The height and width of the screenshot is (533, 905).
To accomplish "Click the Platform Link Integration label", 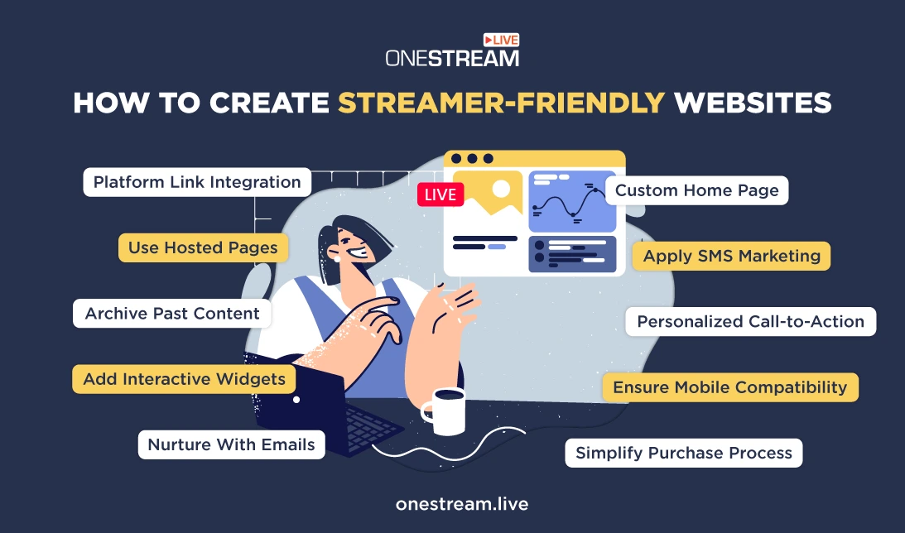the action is coord(197,182).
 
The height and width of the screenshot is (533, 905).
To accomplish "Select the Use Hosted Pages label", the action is coord(203,248).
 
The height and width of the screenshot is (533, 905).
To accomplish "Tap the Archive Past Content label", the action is coord(172,313).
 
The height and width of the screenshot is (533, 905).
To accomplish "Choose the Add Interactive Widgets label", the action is coord(184,379).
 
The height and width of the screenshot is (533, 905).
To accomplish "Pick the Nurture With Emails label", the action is coord(232,444).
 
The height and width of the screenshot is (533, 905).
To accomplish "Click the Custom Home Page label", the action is coord(696,190).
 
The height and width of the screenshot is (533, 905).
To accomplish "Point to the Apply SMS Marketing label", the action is coord(731,256).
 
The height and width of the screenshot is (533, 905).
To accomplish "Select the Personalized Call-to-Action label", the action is coord(751,321).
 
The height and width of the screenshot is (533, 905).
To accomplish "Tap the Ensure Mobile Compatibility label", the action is coord(730,387).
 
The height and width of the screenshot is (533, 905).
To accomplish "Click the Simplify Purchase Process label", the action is coord(683,453).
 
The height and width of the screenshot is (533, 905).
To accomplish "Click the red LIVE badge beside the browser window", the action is coord(440,195).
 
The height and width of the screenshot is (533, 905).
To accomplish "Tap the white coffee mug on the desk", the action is coord(445,411).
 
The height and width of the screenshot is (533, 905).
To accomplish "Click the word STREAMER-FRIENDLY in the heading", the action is coord(502,103).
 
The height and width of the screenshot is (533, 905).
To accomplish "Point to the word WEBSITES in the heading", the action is coord(753,103).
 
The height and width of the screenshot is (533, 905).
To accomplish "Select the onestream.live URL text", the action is coord(462,504).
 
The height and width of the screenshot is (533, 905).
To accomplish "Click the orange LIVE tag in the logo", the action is coord(501,40).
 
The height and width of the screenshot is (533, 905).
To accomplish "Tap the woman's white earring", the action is coord(337,260).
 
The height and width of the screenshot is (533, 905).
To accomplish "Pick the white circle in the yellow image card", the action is coord(500,189).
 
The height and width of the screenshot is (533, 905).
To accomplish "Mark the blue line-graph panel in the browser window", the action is coord(572,201).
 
